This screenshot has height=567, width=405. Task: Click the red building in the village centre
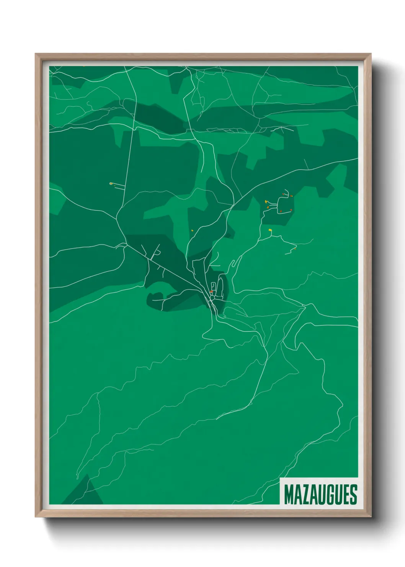point(211,292)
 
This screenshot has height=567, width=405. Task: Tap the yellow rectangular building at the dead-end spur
point(270,230)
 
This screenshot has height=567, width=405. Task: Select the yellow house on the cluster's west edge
point(266,201)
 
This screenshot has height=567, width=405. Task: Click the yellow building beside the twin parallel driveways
point(111,184)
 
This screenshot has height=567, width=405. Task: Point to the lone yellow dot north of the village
point(192,230)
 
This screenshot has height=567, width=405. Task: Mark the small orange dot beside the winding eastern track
point(295,249)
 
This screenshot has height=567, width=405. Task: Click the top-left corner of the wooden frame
point(36,54)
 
